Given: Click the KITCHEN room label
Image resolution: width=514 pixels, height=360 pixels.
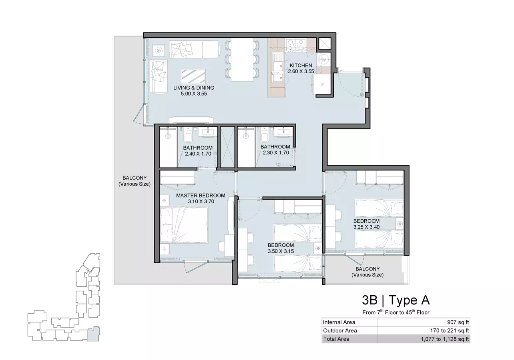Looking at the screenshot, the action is pos(301,65).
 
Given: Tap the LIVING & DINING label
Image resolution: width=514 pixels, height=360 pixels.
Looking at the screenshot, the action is pos(194,88).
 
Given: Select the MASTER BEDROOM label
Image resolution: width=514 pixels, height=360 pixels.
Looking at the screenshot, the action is pos(201,196).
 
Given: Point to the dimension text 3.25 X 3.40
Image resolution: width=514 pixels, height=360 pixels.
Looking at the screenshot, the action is pos(366,227).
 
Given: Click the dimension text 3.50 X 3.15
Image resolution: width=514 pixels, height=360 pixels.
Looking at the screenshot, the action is pos(281,251).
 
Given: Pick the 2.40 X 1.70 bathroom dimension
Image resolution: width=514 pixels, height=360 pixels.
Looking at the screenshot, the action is pos(198,154).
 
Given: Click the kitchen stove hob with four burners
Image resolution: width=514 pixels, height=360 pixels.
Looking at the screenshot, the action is pos(296,44).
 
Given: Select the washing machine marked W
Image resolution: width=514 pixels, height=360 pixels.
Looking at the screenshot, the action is pos(323,60).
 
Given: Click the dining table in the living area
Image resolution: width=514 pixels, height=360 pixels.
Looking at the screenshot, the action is pos(242,60).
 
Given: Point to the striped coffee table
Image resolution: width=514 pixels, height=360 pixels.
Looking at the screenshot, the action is pos(193,76).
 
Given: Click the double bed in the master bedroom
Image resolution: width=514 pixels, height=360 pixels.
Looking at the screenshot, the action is pos(184,225).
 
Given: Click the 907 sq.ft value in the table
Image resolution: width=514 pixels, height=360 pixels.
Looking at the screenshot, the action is pos(458,322).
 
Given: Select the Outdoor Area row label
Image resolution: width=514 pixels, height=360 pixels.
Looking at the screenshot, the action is pos(340,330).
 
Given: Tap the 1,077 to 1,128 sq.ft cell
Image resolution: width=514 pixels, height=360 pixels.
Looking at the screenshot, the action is pos(445,339).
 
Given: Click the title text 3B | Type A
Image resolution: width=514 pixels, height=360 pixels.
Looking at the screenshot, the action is pos(396,300).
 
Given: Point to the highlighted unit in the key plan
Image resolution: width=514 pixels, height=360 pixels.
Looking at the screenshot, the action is pos(93,334).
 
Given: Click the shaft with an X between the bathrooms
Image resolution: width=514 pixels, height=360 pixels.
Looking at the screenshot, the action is pos(227,147).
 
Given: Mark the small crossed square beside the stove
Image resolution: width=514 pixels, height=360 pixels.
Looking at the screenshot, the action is pos(324,44).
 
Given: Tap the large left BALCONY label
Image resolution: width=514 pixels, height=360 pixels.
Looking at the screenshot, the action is pos(135,181).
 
